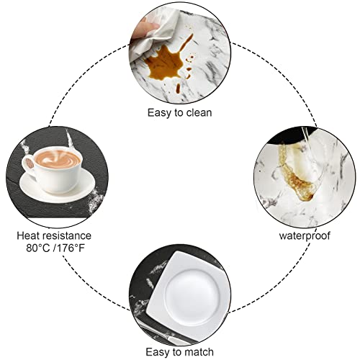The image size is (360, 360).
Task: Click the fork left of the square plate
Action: pyautogui.click(x=144, y=302)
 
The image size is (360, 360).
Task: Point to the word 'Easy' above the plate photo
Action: pyautogui.click(x=158, y=351)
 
